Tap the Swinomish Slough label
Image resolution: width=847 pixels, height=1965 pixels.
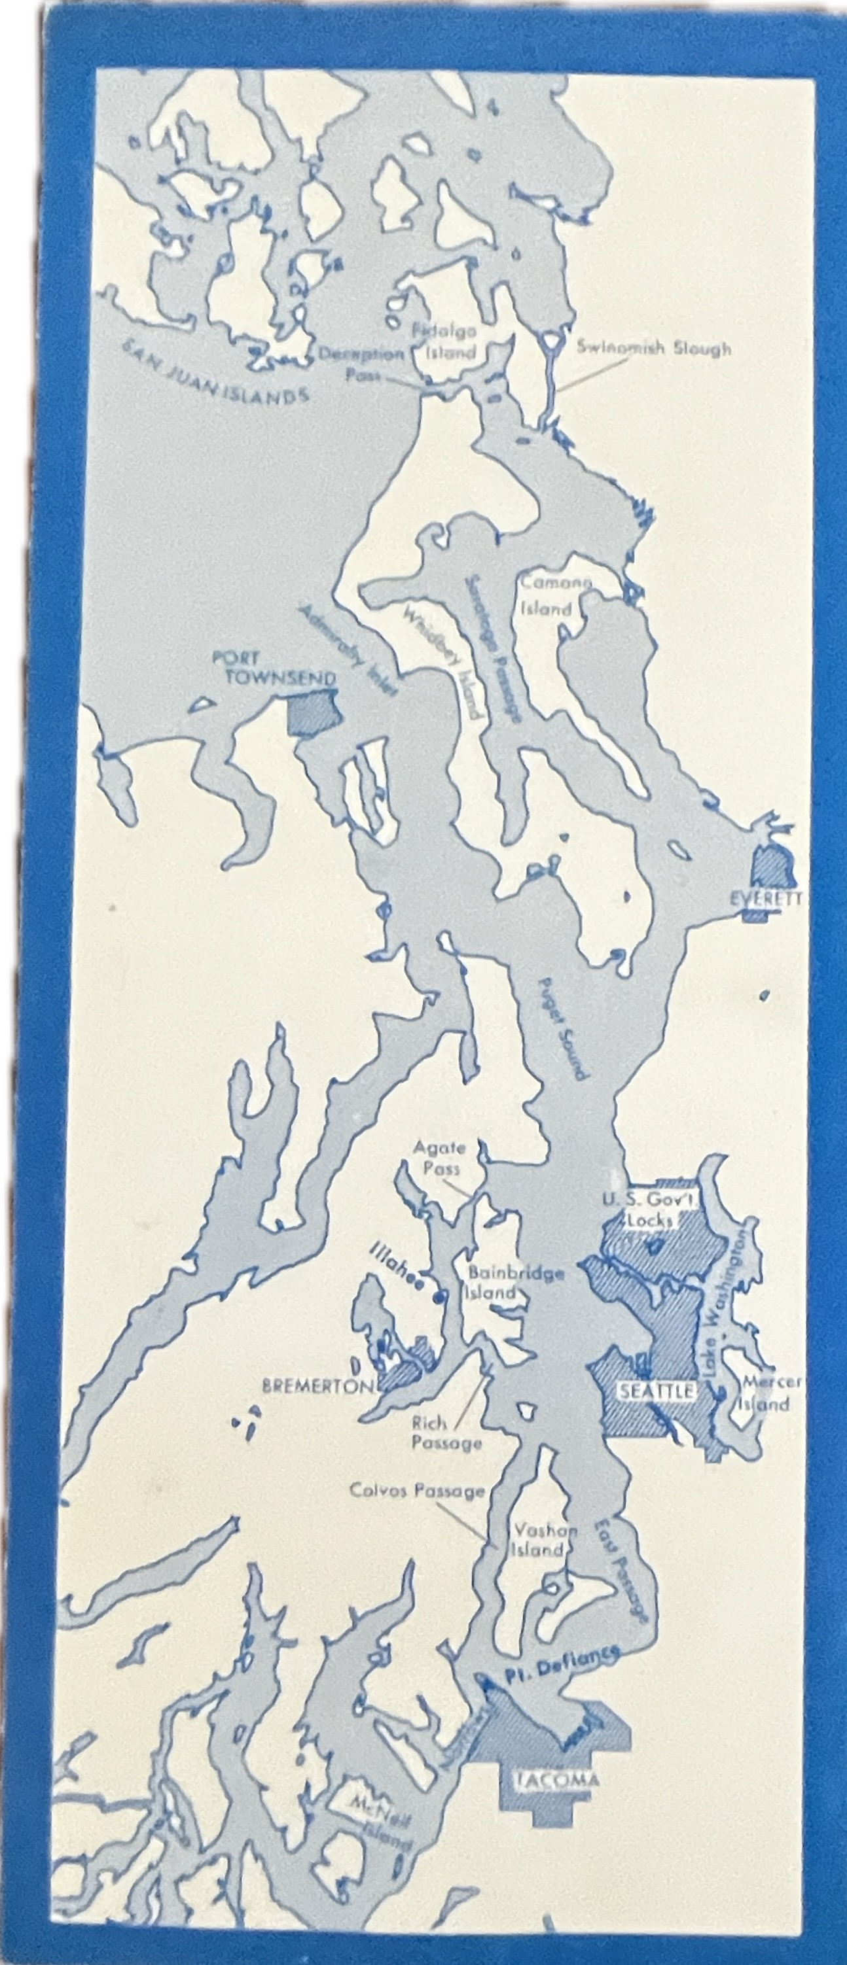[x=653, y=348]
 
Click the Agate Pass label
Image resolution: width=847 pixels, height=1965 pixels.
[x=438, y=1156]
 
